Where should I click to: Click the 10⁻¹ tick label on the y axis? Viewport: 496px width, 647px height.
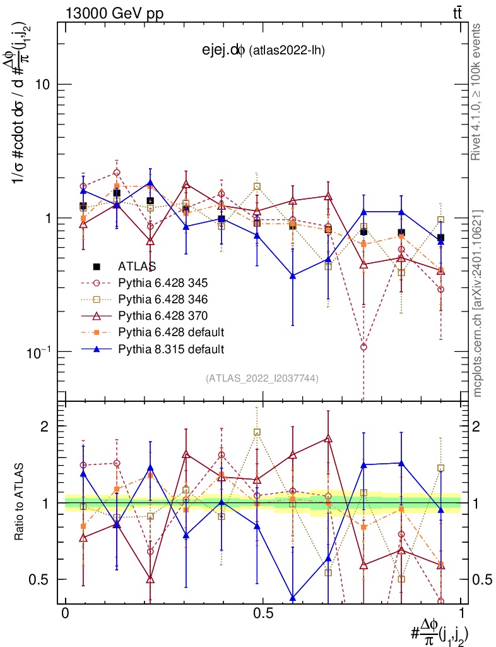click(x=38, y=351)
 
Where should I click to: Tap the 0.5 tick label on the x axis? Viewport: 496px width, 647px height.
click(x=263, y=614)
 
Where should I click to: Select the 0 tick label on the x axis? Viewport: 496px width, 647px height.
click(x=65, y=614)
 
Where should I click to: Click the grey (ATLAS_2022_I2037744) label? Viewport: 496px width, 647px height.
click(x=262, y=378)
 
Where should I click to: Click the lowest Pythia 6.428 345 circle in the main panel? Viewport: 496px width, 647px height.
click(x=363, y=347)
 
